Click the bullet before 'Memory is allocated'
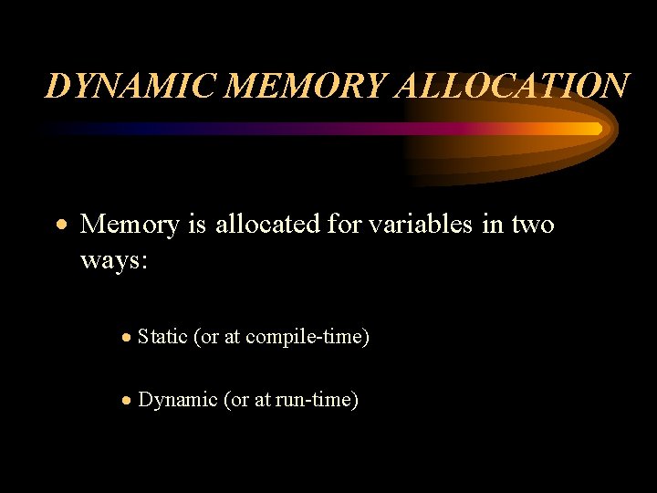60,225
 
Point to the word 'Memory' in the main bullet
130,224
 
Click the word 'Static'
162,337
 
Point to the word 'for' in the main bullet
343,224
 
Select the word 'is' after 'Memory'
197,224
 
